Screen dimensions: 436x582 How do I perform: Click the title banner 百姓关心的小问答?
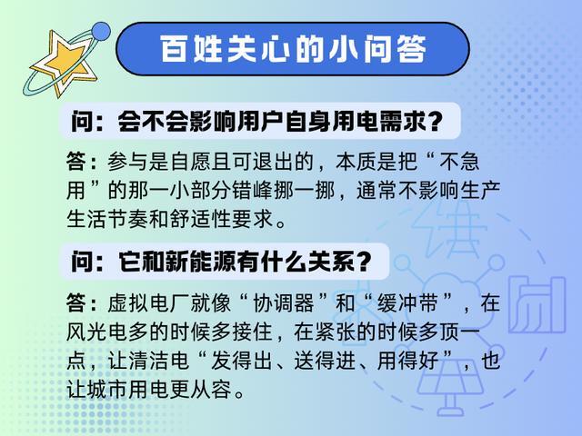pyautogui.click(x=295, y=50)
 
